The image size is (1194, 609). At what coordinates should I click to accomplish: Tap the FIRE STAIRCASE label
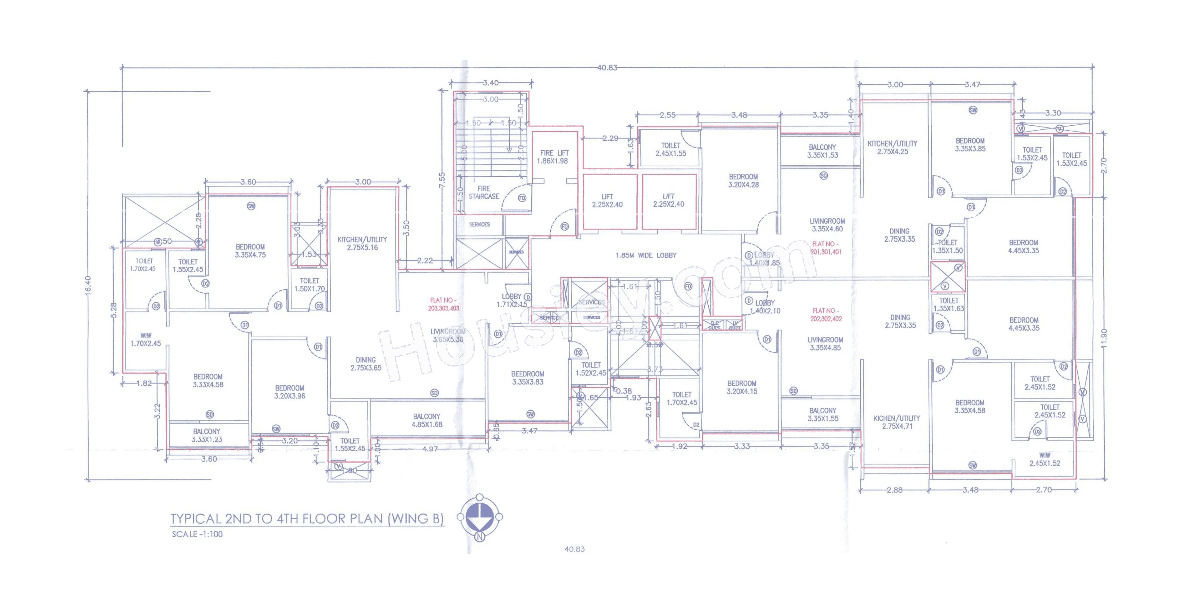pos(483,192)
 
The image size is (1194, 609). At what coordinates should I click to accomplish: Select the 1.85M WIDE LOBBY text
pos(646,255)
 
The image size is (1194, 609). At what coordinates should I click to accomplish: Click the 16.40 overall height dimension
pos(88,285)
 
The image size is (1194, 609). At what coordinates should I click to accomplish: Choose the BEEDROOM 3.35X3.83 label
pos(527,378)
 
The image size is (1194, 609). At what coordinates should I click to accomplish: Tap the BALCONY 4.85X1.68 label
pos(427,421)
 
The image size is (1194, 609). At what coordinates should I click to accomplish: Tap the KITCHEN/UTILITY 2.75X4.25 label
pos(892,147)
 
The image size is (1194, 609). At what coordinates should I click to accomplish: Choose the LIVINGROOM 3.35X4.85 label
pos(825,344)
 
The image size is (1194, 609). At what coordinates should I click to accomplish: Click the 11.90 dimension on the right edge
pos(1104,338)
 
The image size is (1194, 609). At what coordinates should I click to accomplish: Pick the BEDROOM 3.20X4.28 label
pos(743,181)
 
